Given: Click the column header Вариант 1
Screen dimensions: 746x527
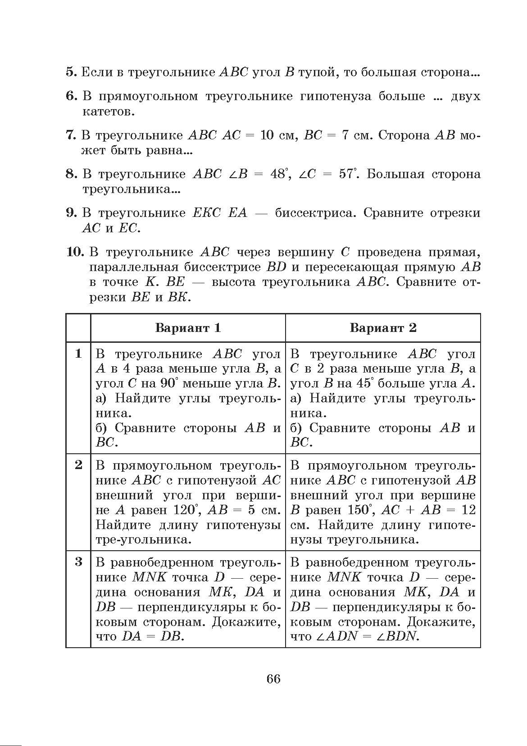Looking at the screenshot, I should click(188, 327).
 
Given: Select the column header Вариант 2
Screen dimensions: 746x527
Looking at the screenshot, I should click(383, 327).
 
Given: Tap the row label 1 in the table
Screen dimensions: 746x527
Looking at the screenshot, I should click(78, 354).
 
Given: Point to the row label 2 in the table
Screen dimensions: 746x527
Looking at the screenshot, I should click(78, 465).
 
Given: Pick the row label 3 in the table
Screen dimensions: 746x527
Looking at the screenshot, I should click(78, 562).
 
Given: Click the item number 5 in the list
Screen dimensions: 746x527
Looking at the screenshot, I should click(72, 72).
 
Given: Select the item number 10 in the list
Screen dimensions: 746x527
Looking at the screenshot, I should click(75, 252).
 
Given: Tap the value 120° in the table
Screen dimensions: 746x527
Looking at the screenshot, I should click(186, 510).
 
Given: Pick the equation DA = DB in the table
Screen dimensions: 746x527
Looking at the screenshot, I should click(153, 636).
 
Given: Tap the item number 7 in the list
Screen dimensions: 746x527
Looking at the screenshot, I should click(72, 135).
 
